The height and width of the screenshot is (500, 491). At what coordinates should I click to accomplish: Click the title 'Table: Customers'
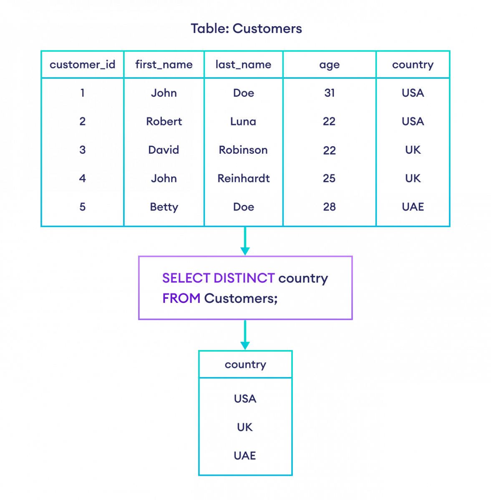[x=246, y=29]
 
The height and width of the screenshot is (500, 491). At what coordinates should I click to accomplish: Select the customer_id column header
[x=82, y=65]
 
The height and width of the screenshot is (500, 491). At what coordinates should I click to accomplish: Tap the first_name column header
[x=164, y=65]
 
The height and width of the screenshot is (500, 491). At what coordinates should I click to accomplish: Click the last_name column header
[x=243, y=65]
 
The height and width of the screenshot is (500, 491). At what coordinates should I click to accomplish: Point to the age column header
[x=329, y=65]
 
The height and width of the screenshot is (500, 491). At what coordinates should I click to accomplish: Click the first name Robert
[x=164, y=121]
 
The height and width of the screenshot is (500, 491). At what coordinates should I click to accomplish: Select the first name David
[x=164, y=150]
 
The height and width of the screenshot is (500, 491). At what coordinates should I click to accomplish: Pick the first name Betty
[x=164, y=207]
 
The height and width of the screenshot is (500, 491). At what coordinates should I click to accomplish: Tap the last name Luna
[x=243, y=121]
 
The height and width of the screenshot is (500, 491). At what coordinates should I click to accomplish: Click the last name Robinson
[x=243, y=150]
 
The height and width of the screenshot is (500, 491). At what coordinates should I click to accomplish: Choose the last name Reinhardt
[x=243, y=178]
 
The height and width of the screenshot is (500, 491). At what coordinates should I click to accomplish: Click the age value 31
[x=329, y=93]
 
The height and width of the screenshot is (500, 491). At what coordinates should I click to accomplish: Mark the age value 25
[x=329, y=178]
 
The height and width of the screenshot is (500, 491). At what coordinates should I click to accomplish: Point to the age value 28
[x=329, y=207]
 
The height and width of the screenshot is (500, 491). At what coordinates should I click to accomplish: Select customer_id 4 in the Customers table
[x=82, y=178]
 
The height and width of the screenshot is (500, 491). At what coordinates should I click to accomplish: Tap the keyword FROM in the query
[x=181, y=298]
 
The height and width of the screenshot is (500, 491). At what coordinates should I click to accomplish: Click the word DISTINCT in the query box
[x=244, y=278]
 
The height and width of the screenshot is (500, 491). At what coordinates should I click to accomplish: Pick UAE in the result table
[x=245, y=455]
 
